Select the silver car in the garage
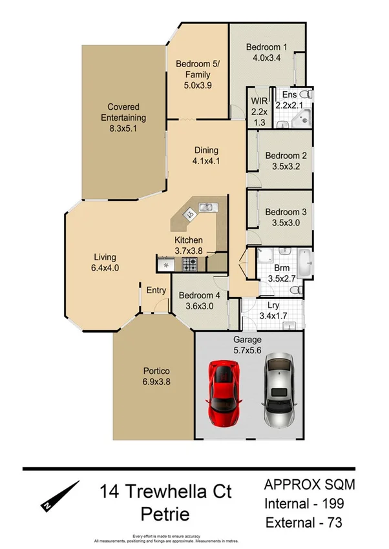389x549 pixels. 279,389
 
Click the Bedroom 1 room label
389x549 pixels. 266,47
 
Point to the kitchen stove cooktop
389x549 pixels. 191,264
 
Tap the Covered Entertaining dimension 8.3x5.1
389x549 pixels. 123,129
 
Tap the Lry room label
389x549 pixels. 273,306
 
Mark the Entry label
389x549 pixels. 156,291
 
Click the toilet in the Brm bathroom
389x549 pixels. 296,293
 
